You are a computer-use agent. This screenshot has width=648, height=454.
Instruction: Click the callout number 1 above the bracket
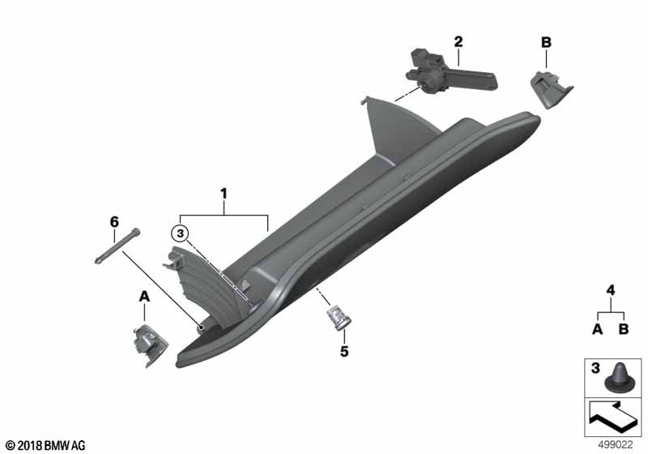[x=224, y=195]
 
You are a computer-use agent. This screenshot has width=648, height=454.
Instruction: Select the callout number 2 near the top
[x=458, y=41]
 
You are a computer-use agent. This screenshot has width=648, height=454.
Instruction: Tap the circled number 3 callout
[x=181, y=234]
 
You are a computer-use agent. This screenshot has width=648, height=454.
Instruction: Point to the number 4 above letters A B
[x=611, y=289]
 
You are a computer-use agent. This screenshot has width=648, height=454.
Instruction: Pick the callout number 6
[x=114, y=221]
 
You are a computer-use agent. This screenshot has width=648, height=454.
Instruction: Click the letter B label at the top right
[x=545, y=41]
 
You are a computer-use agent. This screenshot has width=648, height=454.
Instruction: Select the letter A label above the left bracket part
[x=145, y=298]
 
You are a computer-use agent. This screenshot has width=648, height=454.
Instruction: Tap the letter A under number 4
[x=597, y=329]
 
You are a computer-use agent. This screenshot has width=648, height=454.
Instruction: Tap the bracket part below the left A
[x=150, y=344]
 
